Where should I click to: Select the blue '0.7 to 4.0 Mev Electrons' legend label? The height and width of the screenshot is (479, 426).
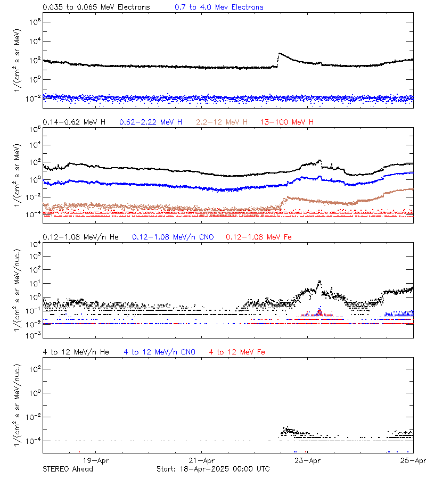coord(219,7)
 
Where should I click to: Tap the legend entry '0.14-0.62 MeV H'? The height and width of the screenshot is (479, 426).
coord(74,122)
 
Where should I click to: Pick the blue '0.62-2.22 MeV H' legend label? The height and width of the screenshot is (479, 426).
coord(151,122)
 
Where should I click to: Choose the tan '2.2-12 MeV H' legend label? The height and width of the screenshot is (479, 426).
coord(222,122)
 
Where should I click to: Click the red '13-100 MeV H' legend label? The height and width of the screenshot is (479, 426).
coord(287,122)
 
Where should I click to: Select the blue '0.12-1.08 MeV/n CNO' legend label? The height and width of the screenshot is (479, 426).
coord(173,237)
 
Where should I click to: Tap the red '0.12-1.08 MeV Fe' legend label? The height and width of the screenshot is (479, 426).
coord(258,237)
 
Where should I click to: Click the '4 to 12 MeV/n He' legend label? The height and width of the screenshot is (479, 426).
coord(76,352)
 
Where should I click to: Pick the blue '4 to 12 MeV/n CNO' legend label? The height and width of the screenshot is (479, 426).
coord(159,352)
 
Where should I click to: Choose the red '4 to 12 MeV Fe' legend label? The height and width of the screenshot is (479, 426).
coord(237,352)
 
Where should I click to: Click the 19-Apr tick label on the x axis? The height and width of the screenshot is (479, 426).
coord(96,461)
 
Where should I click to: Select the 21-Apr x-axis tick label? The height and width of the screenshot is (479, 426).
coord(202,461)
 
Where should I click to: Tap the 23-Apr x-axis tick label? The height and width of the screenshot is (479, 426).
coord(308,461)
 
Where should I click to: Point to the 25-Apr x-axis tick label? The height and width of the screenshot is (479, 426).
coord(414,461)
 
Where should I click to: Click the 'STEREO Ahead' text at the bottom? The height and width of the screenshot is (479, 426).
coord(68,469)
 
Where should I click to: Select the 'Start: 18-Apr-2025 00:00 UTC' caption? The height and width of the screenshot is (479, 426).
coord(213,469)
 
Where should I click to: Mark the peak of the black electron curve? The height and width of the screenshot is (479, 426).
coord(280,53)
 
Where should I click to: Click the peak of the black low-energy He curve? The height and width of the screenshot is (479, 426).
coord(319,282)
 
